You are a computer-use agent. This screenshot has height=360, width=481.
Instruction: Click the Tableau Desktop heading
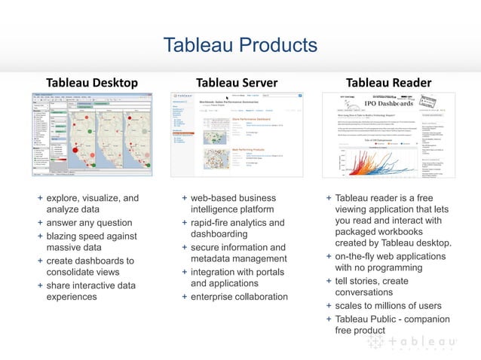[92, 82]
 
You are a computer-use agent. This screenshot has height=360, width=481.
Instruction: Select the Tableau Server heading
[237, 82]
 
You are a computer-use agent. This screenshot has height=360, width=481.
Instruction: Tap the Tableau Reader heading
[388, 82]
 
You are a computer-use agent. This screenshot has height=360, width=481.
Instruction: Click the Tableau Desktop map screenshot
[93, 134]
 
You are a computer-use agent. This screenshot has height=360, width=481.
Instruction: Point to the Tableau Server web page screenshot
[237, 134]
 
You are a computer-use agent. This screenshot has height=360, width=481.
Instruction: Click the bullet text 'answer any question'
[89, 223]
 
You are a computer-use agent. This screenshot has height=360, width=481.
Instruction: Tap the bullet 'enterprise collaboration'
[239, 297]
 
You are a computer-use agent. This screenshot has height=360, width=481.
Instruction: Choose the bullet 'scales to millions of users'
[388, 305]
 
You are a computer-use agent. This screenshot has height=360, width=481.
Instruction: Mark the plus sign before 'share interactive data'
[40, 285]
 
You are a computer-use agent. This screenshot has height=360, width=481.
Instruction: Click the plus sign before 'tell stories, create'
[328, 280]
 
